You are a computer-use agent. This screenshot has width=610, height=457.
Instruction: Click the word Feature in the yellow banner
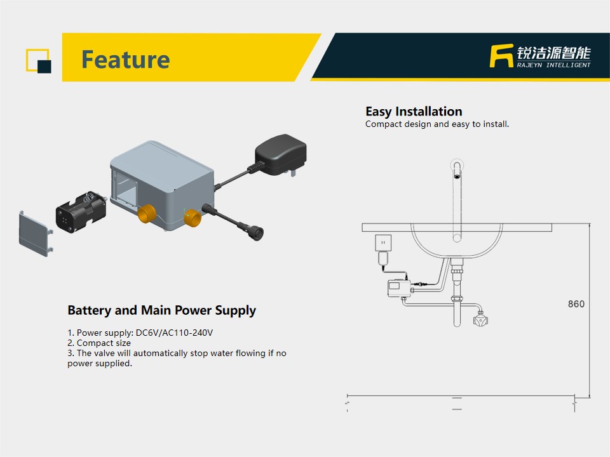[x=125, y=60]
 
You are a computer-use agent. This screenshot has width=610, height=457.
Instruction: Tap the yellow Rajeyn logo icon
[x=501, y=56]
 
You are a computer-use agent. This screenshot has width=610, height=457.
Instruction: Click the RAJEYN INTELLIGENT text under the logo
[x=553, y=65]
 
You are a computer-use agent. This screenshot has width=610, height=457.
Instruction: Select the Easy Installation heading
[x=414, y=112]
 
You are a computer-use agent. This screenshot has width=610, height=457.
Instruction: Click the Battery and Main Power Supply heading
[x=161, y=310]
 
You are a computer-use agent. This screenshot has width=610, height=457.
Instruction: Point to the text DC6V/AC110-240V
[x=174, y=333]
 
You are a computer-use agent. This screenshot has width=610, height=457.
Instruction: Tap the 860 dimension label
[x=576, y=304]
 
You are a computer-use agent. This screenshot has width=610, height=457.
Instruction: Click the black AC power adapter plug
[x=280, y=155]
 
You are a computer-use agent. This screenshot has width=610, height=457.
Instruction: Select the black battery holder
[x=81, y=212]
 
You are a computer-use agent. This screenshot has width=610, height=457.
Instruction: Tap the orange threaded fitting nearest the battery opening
[x=147, y=214]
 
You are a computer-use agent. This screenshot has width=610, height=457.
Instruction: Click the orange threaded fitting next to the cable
[x=192, y=218]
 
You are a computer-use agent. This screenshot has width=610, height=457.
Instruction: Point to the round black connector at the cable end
[x=256, y=234]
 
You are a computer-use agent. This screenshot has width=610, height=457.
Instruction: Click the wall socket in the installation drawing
[x=383, y=243]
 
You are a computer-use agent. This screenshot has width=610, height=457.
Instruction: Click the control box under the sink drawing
[x=399, y=288]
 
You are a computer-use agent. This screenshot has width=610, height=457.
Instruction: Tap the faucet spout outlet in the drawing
[x=457, y=176]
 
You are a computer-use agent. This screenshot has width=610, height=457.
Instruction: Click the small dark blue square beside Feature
[x=44, y=67]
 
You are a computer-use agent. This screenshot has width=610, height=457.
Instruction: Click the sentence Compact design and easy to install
[x=437, y=124]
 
